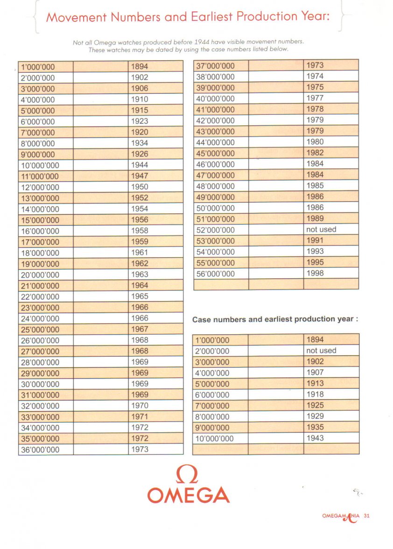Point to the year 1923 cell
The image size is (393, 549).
tap(139, 121)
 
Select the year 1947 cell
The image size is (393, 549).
tap(139, 176)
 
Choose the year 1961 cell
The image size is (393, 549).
tap(139, 253)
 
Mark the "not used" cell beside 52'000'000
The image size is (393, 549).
tap(321, 230)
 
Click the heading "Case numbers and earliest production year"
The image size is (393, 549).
tap(275, 320)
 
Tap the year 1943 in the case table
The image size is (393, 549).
tap(315, 438)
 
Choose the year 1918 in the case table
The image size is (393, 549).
tap(315, 394)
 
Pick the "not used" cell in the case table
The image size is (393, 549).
tap(321, 351)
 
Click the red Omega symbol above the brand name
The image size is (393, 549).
tap(188, 475)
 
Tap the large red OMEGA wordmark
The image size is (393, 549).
tap(189, 495)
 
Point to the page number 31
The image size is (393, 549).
tap(367, 516)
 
